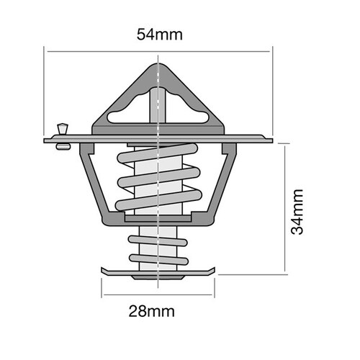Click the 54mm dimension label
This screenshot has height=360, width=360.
[158, 33]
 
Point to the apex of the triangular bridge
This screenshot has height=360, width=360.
[158, 66]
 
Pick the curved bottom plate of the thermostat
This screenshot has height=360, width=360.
[158, 273]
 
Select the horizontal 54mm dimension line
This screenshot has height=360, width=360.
[216, 49]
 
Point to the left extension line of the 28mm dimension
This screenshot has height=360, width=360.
[102, 288]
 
